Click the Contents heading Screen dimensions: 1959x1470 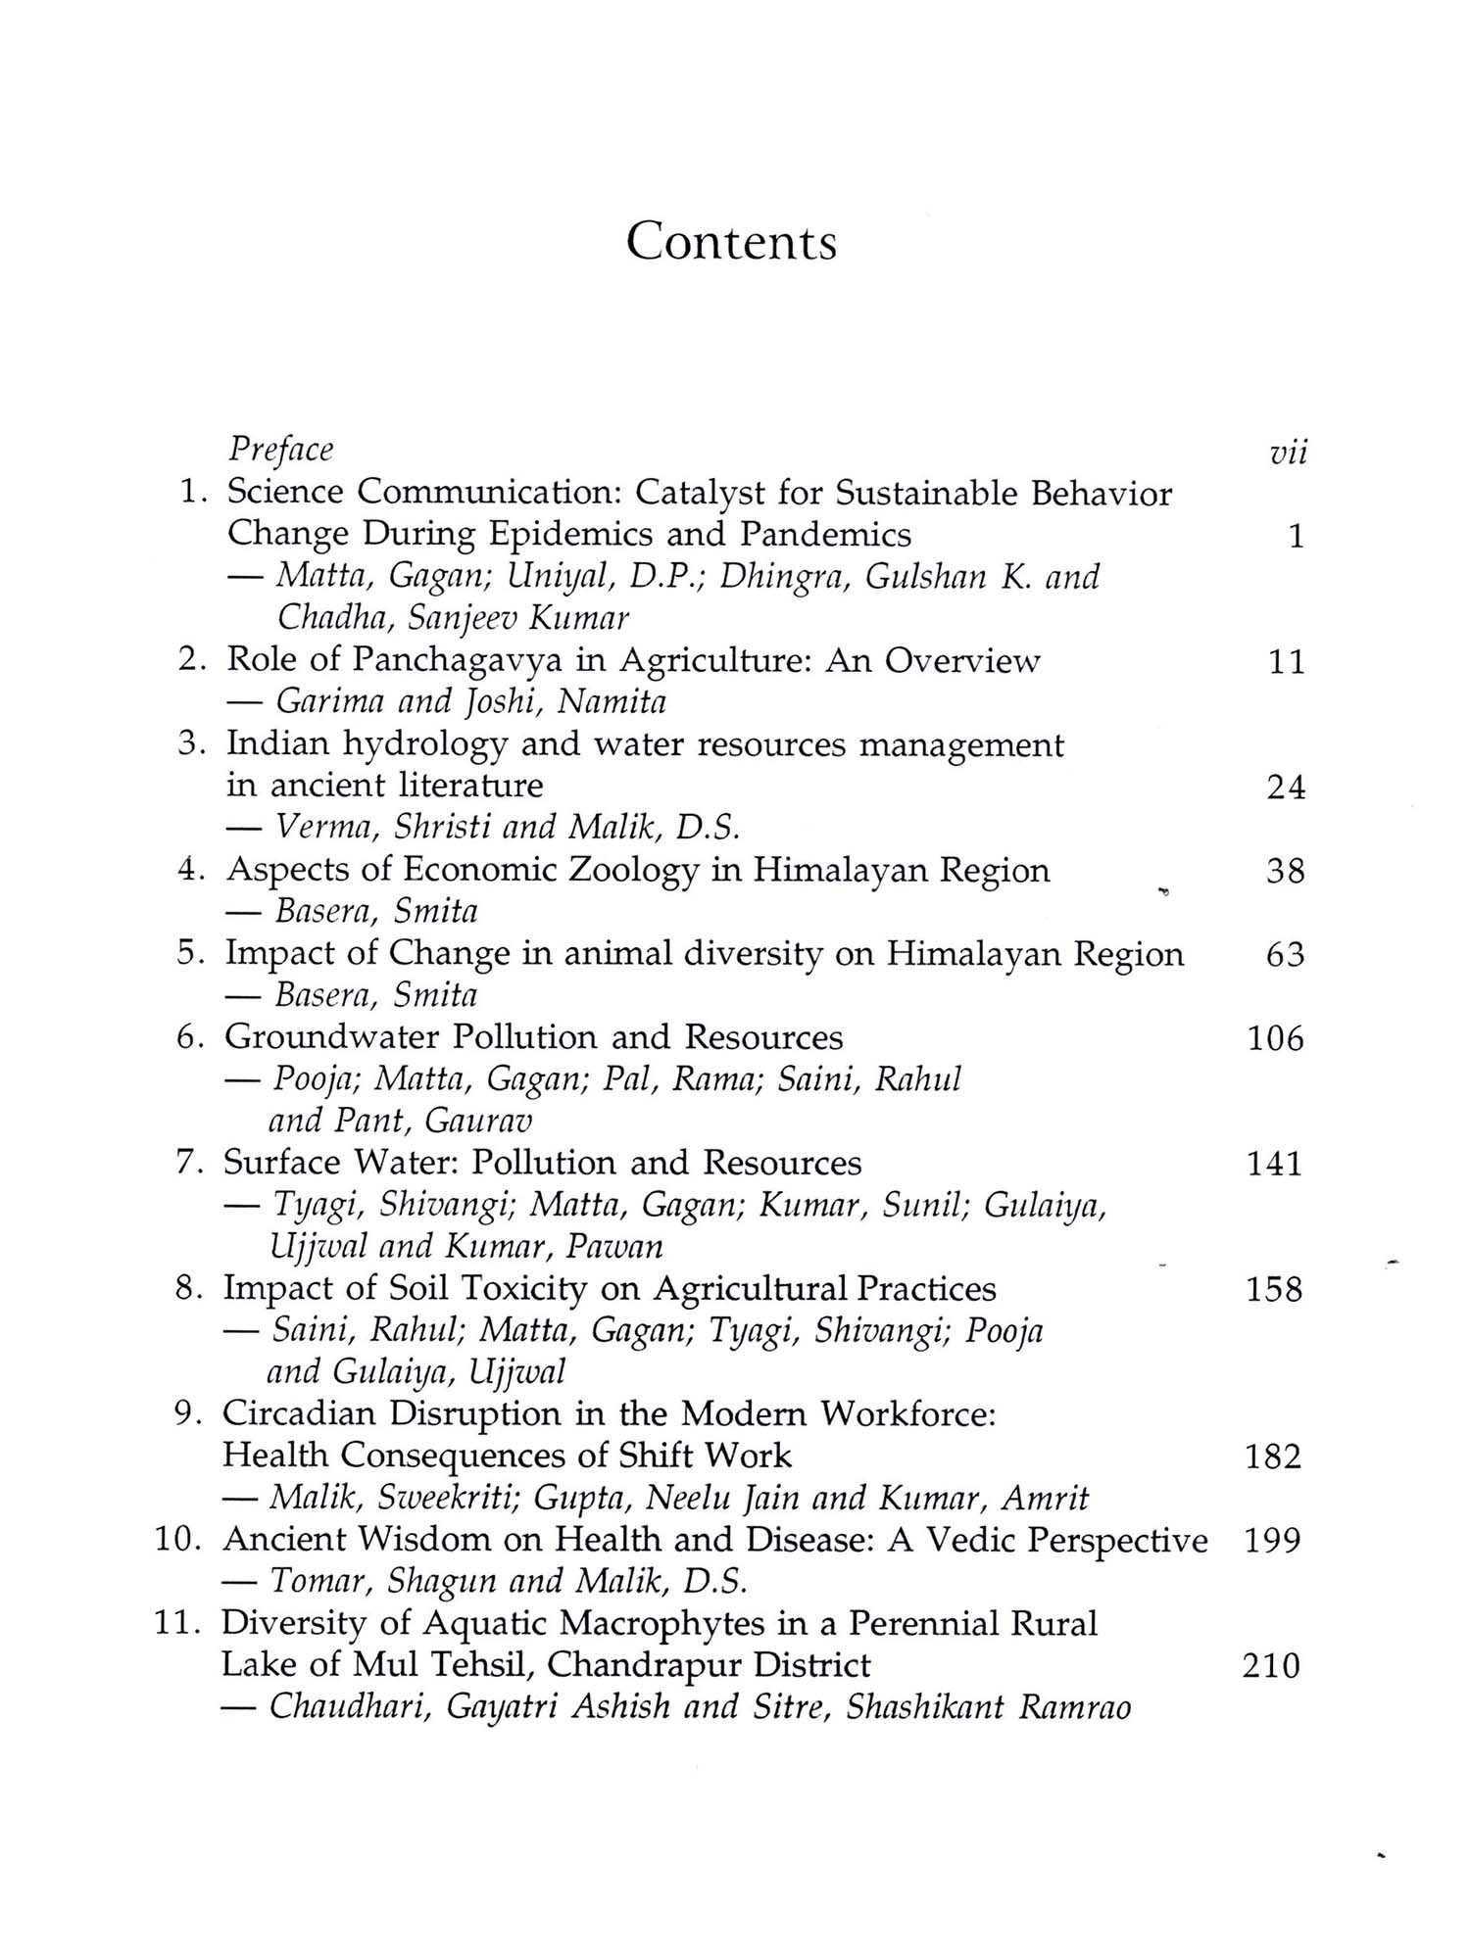732,241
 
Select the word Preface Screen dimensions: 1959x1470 280,450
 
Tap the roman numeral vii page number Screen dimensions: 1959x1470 1287,454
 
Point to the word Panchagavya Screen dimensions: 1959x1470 458,661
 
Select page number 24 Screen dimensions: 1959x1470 1285,788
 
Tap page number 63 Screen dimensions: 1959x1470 1285,955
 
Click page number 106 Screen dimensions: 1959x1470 1275,1038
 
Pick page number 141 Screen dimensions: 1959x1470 1274,1164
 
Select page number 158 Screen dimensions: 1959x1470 1274,1290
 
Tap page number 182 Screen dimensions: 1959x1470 1273,1457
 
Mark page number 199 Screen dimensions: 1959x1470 1272,1541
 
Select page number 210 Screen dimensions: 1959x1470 1271,1666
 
